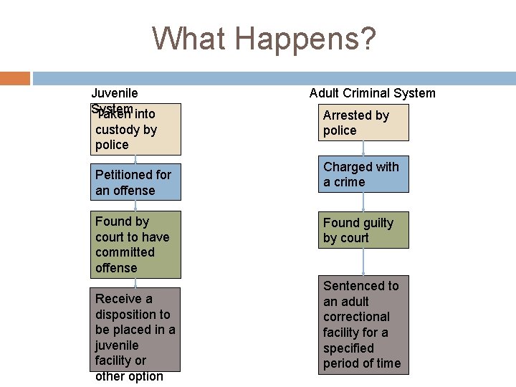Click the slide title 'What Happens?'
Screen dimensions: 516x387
[x=264, y=39]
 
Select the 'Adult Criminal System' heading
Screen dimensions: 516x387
[x=372, y=93]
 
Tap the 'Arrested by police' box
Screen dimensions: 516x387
[x=363, y=123]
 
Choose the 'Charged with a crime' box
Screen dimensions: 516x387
[x=363, y=174]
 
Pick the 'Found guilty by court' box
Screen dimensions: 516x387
[x=363, y=230]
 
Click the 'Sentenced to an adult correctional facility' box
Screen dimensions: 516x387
[x=363, y=325]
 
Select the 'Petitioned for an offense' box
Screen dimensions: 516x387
[x=135, y=183]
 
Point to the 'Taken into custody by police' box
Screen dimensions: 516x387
[x=135, y=129]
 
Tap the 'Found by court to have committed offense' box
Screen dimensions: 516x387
[x=135, y=244]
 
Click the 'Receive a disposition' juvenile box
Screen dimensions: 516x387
[x=135, y=330]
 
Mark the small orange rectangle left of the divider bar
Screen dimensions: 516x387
[x=15, y=78]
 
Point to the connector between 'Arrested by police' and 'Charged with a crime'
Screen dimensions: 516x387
[x=363, y=148]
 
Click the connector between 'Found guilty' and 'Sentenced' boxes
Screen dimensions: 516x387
[x=363, y=262]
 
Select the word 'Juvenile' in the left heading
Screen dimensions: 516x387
[x=115, y=93]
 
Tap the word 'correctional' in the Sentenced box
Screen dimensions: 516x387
[x=356, y=317]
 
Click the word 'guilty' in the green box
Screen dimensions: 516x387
[x=377, y=223]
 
